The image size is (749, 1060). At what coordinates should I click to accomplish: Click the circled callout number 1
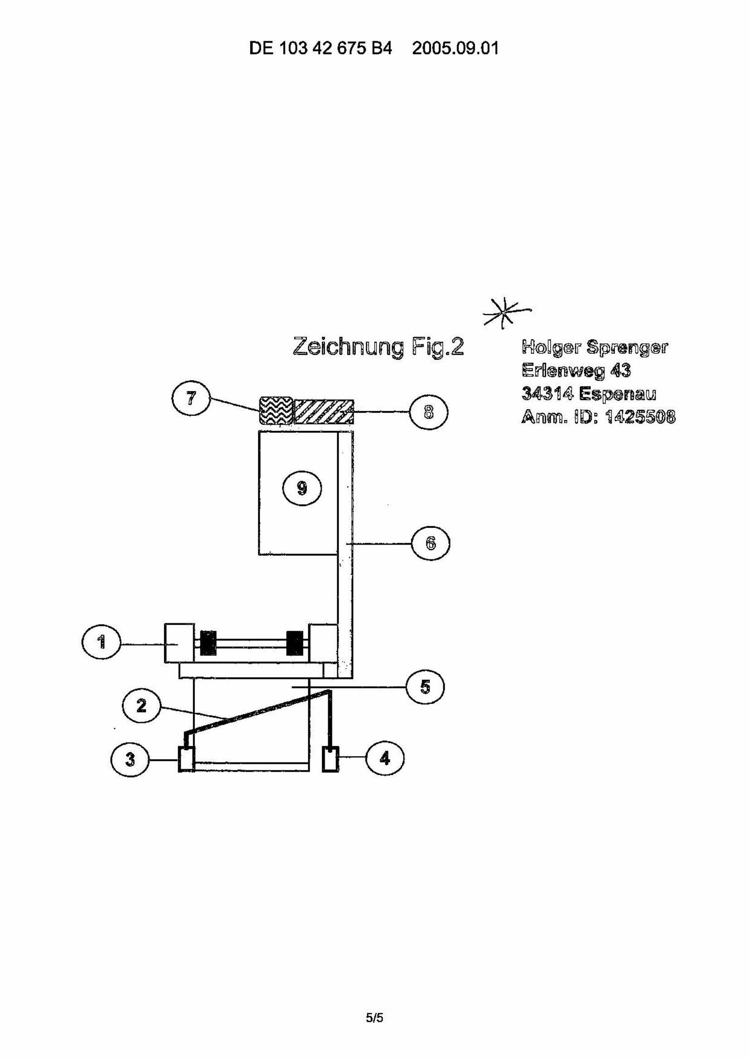pos(101,642)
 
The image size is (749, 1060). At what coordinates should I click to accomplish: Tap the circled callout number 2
pos(141,706)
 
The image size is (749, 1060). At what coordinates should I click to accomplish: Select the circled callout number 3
pos(130,758)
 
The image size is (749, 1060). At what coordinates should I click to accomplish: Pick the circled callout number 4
pos(384,758)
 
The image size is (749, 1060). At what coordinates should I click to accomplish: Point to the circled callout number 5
pos(425,687)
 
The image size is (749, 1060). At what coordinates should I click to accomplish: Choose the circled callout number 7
pos(191,397)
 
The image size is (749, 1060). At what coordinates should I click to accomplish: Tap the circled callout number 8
pos(429,411)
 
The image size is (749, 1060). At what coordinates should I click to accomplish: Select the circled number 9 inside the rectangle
pos(302,488)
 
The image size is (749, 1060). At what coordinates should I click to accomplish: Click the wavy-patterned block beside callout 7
pos(276,411)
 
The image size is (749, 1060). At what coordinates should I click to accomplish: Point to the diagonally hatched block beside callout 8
pos(324,411)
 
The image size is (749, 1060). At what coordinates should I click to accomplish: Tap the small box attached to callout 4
pos(331,758)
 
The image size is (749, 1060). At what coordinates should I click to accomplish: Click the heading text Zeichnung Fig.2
pos(378,347)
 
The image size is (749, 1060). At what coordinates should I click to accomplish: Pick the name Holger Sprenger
pos(594,347)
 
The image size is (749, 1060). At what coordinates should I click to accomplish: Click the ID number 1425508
pos(640,417)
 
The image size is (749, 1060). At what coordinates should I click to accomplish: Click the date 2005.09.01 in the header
pos(456,48)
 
